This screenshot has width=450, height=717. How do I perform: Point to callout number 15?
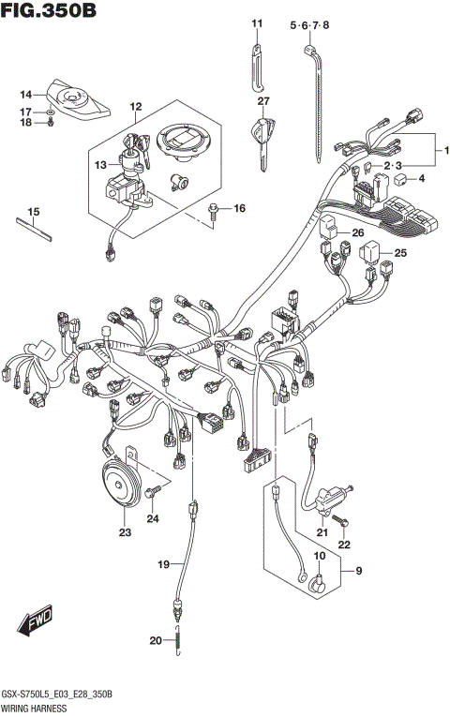(33, 212)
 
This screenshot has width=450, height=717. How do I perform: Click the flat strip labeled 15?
(33, 230)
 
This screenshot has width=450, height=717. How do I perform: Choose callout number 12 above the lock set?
(136, 107)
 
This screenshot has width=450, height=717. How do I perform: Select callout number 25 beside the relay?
(400, 253)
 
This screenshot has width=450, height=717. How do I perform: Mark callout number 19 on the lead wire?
(164, 564)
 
